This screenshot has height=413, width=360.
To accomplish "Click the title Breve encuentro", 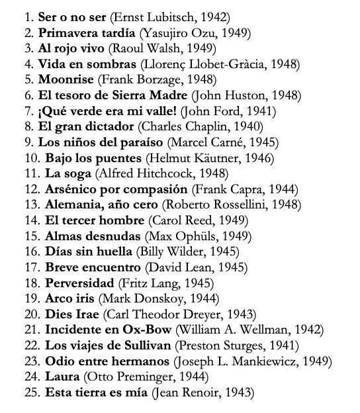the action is coord(93,268).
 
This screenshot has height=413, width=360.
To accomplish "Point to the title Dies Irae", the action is coord(72,316).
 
